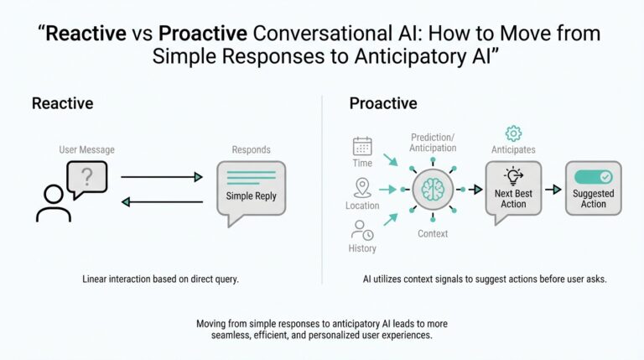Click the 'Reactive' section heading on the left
(x=62, y=103)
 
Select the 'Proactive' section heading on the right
(x=384, y=103)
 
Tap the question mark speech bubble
(x=86, y=179)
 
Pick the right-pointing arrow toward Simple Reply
(x=162, y=177)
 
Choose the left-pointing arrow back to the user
(x=162, y=202)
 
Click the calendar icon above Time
(x=362, y=146)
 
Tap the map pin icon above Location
(x=362, y=187)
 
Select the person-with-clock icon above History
(x=362, y=229)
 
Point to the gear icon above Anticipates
(x=513, y=133)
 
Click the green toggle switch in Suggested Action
(x=593, y=177)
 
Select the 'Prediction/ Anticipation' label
(x=433, y=142)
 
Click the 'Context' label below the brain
(x=433, y=233)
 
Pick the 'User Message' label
(x=86, y=149)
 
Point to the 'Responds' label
(x=251, y=149)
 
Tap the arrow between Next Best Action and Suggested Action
(x=553, y=189)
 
